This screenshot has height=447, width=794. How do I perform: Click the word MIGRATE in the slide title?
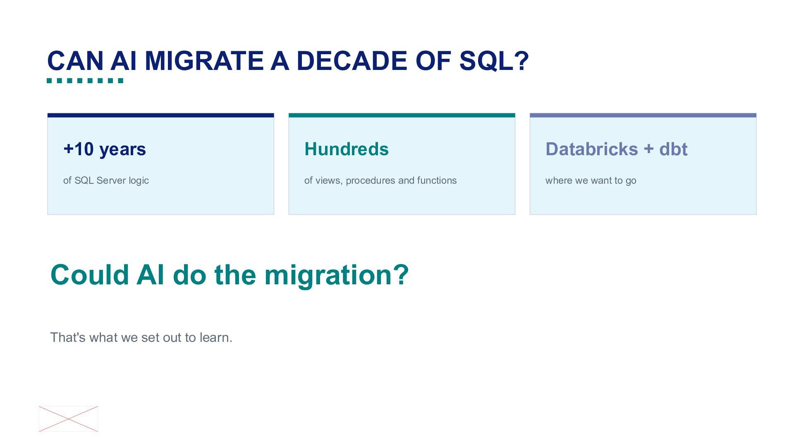204,61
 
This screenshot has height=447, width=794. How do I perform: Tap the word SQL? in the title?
494,61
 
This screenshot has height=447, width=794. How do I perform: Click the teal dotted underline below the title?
85,81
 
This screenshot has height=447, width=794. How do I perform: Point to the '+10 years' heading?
105,149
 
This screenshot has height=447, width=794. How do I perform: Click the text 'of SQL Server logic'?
106,180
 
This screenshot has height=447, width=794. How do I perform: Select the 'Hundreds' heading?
347,149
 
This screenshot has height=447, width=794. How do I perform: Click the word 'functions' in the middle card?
437,180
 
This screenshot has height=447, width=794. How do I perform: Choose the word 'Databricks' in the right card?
592,149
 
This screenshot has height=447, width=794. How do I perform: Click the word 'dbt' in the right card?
673,149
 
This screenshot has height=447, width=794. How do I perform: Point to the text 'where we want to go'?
591,180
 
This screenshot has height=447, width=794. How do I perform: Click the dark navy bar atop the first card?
161,115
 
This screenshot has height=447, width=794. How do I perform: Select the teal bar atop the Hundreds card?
402,115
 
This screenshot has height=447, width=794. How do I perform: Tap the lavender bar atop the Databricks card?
643,115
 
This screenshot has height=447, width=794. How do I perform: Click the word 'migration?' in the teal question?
337,275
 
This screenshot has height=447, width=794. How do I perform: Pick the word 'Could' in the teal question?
90,274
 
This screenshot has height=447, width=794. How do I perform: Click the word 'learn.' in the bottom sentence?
216,337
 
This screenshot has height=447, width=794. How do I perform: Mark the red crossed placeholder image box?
68,419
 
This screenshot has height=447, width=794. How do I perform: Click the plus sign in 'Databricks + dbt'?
648,149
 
